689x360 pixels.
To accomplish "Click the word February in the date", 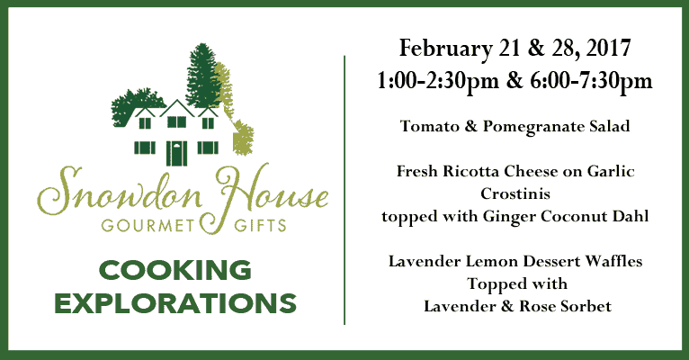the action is pyautogui.click(x=445, y=49).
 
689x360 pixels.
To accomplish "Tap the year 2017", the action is pyautogui.click(x=609, y=48).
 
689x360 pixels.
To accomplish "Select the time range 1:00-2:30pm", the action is pyautogui.click(x=438, y=81).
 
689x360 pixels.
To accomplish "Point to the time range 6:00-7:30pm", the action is pyautogui.click(x=592, y=81).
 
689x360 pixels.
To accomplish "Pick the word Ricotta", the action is pyautogui.click(x=470, y=171).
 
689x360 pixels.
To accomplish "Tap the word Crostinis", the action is pyautogui.click(x=515, y=193).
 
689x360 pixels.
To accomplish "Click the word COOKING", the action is pyautogui.click(x=175, y=270).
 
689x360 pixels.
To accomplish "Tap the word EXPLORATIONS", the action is pyautogui.click(x=175, y=303).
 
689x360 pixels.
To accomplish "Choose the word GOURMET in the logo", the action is pyautogui.click(x=148, y=226).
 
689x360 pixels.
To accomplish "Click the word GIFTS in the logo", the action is pyautogui.click(x=260, y=226).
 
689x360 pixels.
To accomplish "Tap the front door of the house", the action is pyautogui.click(x=176, y=153).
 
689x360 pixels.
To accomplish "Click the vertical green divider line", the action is pyautogui.click(x=344, y=190).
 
